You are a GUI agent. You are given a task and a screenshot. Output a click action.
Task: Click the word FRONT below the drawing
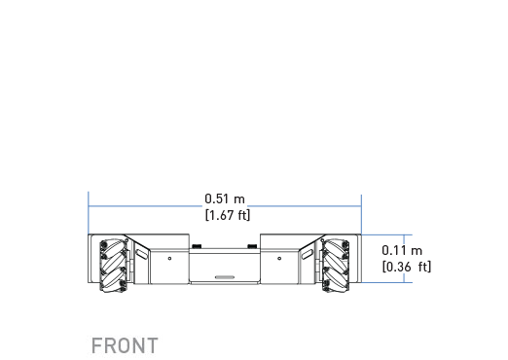125,345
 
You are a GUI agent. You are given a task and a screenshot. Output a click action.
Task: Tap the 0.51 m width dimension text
225,198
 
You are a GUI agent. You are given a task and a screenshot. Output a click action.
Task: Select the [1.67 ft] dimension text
228,215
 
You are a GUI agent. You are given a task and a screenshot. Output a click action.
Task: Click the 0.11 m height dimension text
402,250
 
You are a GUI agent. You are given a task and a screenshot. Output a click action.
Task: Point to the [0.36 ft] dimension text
407,267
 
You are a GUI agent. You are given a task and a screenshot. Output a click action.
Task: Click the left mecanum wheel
113,266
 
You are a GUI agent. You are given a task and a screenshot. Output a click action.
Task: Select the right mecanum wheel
336,266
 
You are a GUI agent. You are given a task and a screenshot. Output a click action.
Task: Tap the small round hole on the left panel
169,259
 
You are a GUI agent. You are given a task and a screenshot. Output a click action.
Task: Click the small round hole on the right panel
279,259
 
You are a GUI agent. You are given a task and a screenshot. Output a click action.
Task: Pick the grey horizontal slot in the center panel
225,277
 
